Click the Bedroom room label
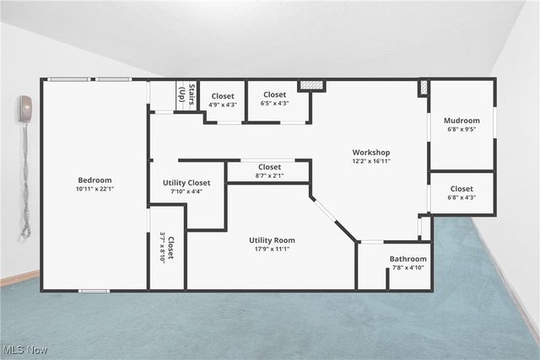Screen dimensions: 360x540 pyautogui.click(x=94, y=180)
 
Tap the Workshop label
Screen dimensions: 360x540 pyautogui.click(x=371, y=153)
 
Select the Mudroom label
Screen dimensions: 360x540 pyautogui.click(x=462, y=121)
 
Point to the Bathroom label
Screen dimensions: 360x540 pyautogui.click(x=408, y=259)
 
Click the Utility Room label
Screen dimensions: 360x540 pyautogui.click(x=272, y=240)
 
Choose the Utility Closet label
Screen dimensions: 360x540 pyautogui.click(x=186, y=182)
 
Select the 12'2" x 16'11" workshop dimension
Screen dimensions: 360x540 pyautogui.click(x=371, y=162)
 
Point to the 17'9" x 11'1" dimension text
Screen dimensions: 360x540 pyautogui.click(x=272, y=250)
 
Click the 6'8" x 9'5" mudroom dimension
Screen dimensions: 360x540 pyautogui.click(x=462, y=130)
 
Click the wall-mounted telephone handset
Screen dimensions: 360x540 pyautogui.click(x=25, y=110)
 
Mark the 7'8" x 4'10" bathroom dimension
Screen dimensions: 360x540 pyautogui.click(x=408, y=268)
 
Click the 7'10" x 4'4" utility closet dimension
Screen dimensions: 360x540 pyautogui.click(x=186, y=191)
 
